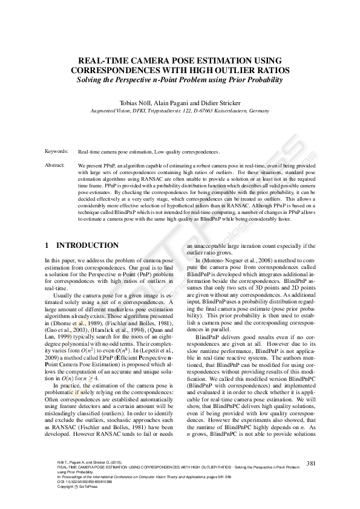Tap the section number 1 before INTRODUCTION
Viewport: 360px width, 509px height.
(x=47, y=245)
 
